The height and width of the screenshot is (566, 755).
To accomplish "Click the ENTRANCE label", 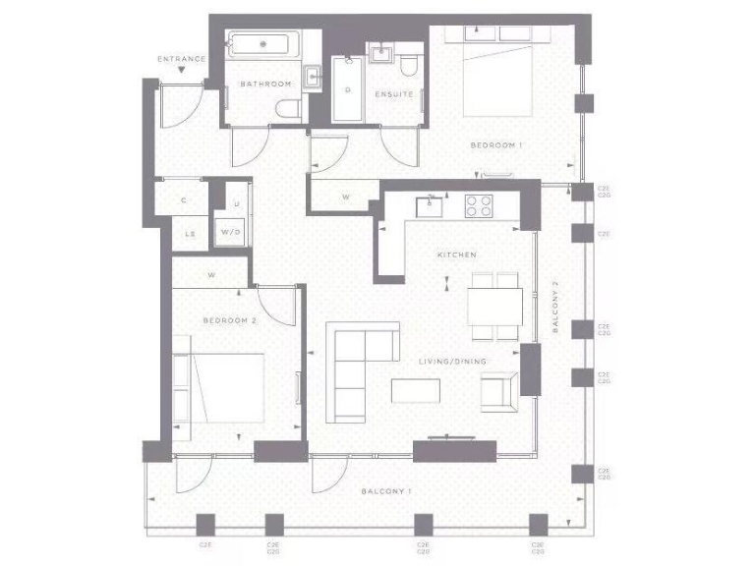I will (x=182, y=59).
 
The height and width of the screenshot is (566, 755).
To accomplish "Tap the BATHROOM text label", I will (x=266, y=85).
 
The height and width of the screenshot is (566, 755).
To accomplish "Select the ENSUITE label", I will (x=394, y=94).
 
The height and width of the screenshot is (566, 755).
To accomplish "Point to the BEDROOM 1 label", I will (x=496, y=145).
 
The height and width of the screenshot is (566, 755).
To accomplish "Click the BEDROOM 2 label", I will (x=230, y=320).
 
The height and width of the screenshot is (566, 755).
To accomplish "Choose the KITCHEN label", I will (x=457, y=255).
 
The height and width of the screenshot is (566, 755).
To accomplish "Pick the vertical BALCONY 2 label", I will (x=555, y=307).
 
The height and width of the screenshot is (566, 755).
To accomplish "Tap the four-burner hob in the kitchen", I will (x=479, y=206).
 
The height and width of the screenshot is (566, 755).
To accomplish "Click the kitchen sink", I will (x=430, y=206).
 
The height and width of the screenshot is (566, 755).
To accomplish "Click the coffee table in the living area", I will (x=417, y=391).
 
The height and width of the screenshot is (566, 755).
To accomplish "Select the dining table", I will (x=494, y=306).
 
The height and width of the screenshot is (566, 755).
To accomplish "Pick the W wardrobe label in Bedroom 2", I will (x=211, y=275).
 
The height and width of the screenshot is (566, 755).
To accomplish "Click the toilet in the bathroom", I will (x=286, y=110).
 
